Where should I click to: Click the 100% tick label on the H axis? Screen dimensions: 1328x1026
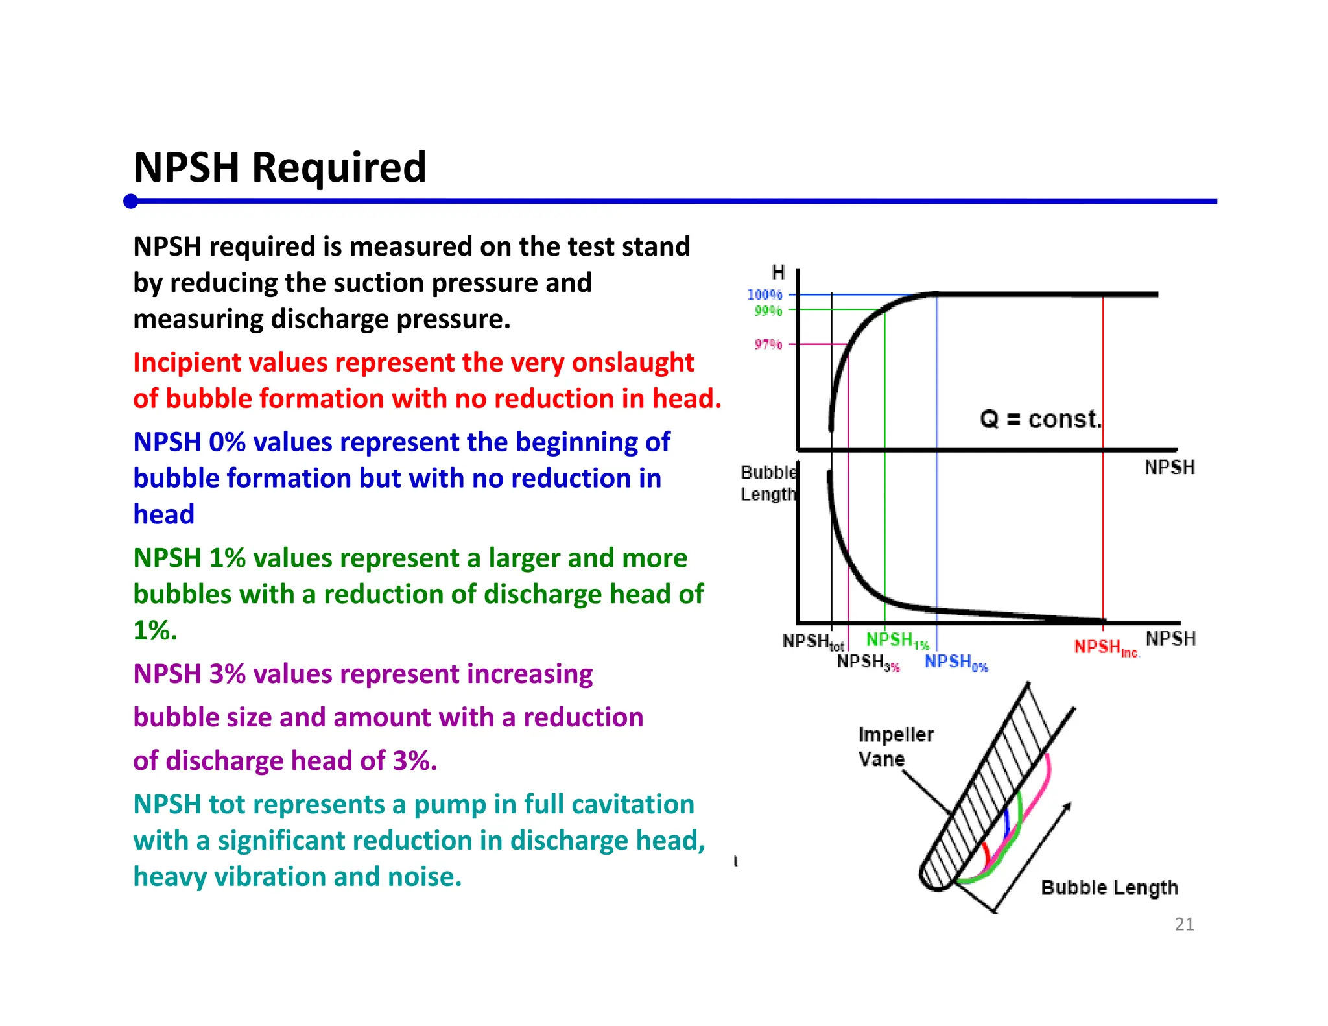click(x=765, y=294)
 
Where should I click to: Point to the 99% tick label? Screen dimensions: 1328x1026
click(x=768, y=311)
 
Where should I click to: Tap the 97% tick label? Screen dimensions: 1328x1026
click(x=768, y=344)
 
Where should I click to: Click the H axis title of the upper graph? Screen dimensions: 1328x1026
click(x=778, y=272)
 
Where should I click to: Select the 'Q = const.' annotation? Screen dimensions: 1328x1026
click(x=1041, y=419)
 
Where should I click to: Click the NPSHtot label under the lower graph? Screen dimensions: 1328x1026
click(x=814, y=641)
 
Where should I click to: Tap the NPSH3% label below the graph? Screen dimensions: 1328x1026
click(x=868, y=662)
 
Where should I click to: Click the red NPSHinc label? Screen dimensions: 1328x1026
click(x=1107, y=647)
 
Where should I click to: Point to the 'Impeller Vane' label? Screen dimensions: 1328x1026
click(x=896, y=746)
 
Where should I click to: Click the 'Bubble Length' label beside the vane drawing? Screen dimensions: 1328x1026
click(x=1109, y=888)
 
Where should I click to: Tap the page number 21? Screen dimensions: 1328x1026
click(x=1185, y=924)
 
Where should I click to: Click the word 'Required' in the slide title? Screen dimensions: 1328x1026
click(x=339, y=168)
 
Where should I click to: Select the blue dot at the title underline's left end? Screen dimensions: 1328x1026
click(x=131, y=201)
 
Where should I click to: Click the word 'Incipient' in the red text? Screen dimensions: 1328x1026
click(x=188, y=363)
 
